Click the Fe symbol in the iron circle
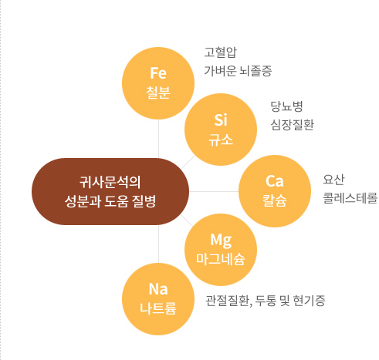[158, 73]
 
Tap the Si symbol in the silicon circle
[221, 120]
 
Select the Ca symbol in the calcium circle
[275, 181]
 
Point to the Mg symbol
[221, 241]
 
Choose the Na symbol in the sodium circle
[158, 289]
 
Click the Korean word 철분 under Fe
[158, 93]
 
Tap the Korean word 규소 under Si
[221, 140]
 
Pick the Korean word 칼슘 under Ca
[275, 200]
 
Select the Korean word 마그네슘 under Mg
[221, 259]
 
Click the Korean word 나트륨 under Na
[158, 308]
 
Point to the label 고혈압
[221, 52]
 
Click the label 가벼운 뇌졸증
[238, 71]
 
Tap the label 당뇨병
[286, 106]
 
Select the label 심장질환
[293, 125]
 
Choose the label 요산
[333, 180]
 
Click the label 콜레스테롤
[350, 198]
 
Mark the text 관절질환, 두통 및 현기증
[266, 301]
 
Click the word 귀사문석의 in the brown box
[110, 182]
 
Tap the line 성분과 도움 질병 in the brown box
[110, 201]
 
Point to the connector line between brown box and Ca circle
[214, 191]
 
